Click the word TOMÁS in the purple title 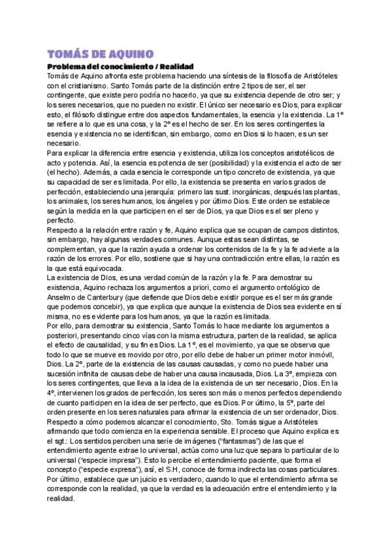point(67,54)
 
